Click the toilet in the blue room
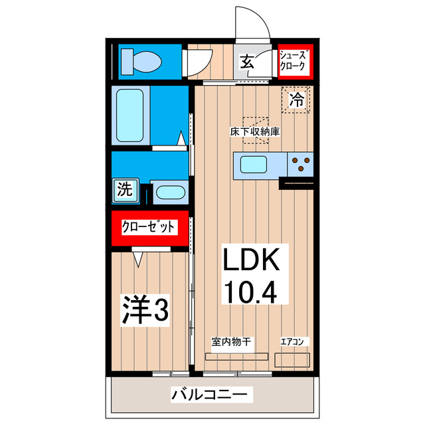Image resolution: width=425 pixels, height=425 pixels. [x=141, y=62]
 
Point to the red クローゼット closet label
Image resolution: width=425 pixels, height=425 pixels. [x=149, y=227]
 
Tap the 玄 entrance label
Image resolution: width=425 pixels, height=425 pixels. [x=246, y=63]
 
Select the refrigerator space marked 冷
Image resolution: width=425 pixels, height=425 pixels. [x=297, y=100]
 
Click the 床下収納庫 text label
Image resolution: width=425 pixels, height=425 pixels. [x=255, y=131]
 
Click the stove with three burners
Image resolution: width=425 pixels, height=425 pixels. [x=301, y=164]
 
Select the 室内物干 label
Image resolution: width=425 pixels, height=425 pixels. [x=230, y=343]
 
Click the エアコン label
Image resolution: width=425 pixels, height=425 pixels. [x=292, y=343]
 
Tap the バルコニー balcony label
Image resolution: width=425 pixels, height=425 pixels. [x=212, y=394]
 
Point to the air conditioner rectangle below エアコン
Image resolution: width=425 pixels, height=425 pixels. [x=292, y=359]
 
